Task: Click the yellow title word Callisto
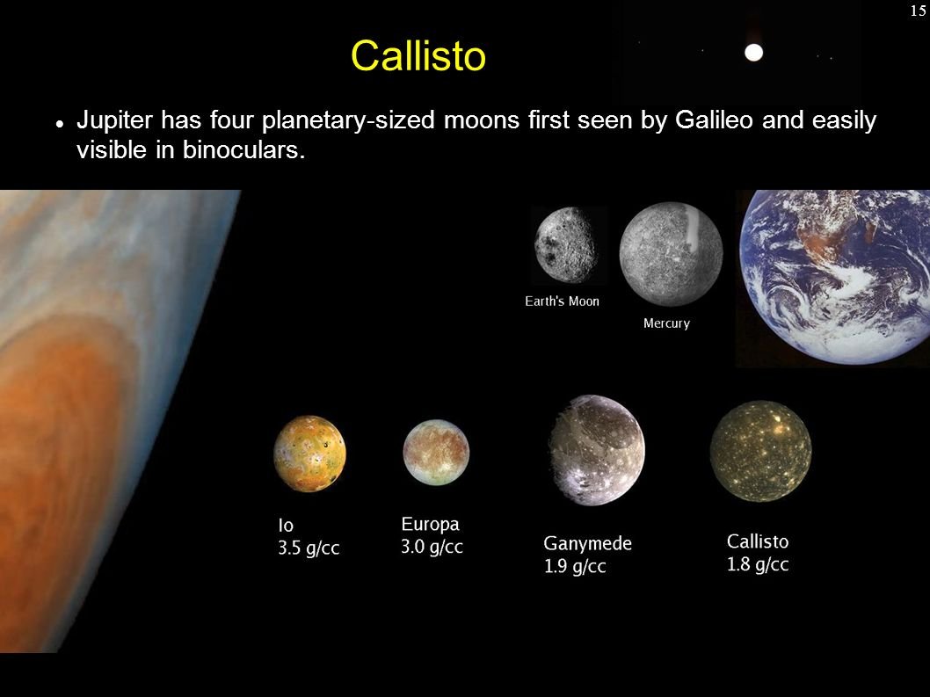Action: click(x=418, y=55)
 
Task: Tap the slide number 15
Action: click(x=918, y=11)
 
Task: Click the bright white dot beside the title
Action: click(x=753, y=53)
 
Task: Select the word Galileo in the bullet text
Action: click(x=714, y=120)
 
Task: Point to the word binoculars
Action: click(x=243, y=149)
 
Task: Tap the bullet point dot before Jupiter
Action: click(x=59, y=124)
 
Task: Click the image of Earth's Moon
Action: click(x=565, y=245)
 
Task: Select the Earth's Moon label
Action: click(x=562, y=301)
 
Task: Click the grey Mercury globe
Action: click(x=671, y=254)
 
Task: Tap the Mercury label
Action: click(x=666, y=323)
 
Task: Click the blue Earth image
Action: click(x=834, y=277)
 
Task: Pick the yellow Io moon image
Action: click(x=309, y=454)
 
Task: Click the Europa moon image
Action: click(x=436, y=452)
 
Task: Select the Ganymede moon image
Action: click(x=597, y=450)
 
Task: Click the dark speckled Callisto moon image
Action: click(x=761, y=451)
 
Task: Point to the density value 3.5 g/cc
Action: click(x=309, y=548)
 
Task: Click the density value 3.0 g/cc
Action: click(x=432, y=547)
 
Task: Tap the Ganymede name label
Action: click(x=588, y=544)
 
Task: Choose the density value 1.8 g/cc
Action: click(x=758, y=564)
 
